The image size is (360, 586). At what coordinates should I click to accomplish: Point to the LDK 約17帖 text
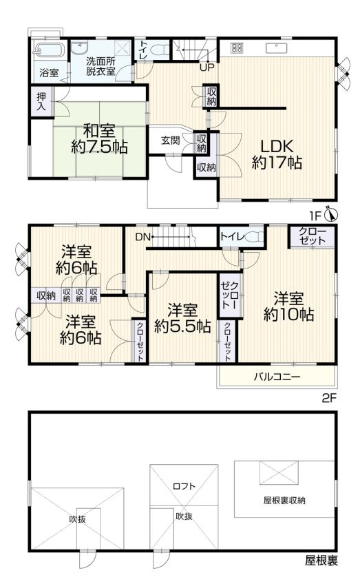[276, 154]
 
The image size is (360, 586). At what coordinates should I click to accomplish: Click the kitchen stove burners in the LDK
[237, 48]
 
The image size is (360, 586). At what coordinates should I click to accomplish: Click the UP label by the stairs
[206, 67]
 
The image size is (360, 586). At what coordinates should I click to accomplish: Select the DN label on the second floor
[142, 237]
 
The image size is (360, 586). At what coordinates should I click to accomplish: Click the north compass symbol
[332, 215]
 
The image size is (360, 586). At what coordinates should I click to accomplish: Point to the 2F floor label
[330, 398]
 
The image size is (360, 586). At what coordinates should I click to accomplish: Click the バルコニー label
[277, 377]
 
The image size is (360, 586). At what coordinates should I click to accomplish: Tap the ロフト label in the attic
[184, 485]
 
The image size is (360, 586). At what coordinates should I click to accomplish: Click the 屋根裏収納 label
[284, 500]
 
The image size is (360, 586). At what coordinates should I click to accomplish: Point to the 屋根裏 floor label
[321, 561]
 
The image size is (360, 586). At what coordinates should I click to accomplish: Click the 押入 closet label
[41, 103]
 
